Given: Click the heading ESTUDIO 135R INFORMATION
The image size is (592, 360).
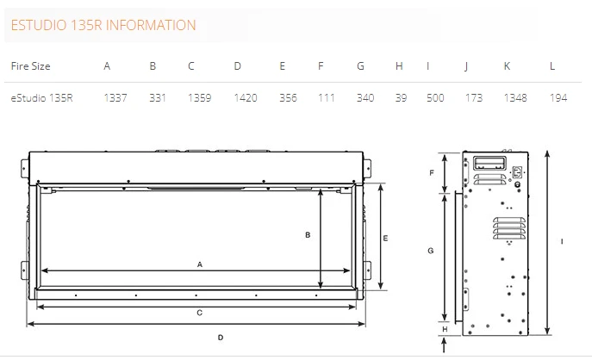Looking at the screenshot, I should pos(103,26).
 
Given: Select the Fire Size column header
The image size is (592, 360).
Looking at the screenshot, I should pos(30,66).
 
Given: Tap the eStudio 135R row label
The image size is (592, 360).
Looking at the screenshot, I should pos(41,98).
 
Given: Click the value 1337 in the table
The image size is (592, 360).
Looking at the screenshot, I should pos(115,98).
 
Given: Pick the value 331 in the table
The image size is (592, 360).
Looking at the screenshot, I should pos(157,98).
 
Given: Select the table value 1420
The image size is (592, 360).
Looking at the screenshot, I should pos(245,98).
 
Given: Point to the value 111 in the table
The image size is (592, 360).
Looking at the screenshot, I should pos(326,98).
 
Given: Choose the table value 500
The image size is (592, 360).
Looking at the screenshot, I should pos(435,98).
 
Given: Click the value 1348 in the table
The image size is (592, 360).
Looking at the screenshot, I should pos(514,98).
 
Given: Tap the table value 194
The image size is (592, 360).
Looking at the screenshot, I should pos(558,98).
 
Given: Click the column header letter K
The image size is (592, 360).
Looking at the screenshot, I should pos(508,66).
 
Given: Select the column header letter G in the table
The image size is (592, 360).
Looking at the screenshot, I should pos(360,66).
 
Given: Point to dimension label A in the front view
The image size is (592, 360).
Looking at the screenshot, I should pos(199,264).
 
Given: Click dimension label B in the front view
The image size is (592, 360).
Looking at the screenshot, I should pos(307,234).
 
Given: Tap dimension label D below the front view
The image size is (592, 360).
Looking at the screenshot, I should pos(221,337).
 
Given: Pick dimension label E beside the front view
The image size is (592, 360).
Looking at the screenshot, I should pos(387,237).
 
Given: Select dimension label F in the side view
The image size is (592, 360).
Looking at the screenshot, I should pos(431,173).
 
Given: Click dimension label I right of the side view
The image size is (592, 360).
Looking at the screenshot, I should pos(561,242).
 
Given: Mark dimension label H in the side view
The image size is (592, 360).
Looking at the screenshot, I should pos(444,329).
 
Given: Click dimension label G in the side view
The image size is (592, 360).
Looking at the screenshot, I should pos(431,251).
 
